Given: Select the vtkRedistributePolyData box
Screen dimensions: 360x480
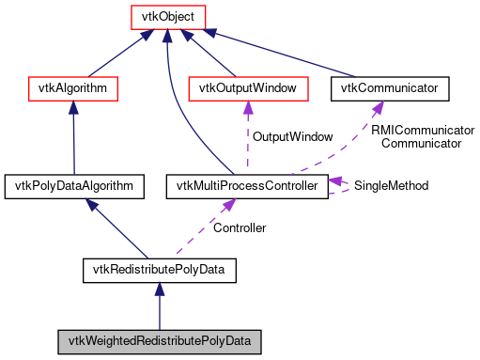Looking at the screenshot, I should point(158,272).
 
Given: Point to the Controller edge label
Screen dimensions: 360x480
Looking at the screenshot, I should point(240,228).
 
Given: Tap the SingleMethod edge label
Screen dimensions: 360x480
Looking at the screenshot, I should point(391,186).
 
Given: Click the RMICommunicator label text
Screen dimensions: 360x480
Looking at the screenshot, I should point(421,131).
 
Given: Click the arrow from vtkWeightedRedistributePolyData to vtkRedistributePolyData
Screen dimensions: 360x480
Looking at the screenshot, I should point(159,305).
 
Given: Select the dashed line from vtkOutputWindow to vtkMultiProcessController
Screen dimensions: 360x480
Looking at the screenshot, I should point(248,137).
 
